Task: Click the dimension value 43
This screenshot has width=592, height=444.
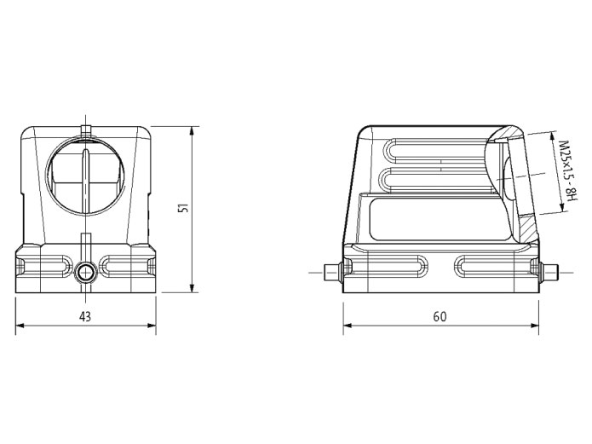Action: [x=85, y=316]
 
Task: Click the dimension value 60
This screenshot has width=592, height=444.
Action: [x=440, y=316]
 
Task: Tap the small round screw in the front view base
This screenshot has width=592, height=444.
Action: [x=85, y=273]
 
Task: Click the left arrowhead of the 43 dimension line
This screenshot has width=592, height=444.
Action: [x=20, y=326]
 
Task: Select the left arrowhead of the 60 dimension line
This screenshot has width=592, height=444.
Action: [x=348, y=326]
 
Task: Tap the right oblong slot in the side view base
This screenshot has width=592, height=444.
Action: [x=486, y=265]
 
